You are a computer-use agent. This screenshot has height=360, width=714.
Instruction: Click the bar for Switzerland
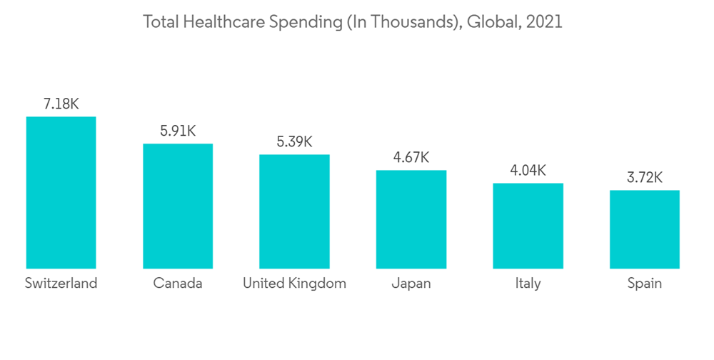point(61,192)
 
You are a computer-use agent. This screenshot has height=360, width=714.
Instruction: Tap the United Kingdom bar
point(294,211)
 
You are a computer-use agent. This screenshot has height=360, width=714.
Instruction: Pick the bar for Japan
point(411,219)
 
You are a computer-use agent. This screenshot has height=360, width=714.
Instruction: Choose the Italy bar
point(528,226)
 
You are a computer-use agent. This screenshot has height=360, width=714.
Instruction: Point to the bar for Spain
point(645,229)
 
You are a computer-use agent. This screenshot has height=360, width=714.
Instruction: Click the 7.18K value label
point(61,104)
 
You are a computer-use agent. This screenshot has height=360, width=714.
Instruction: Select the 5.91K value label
point(178,131)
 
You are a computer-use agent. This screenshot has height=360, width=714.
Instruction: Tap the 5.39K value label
point(294,142)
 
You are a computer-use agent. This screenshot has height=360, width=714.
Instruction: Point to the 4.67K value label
point(411,158)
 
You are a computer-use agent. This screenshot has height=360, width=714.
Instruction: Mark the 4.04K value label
point(528,171)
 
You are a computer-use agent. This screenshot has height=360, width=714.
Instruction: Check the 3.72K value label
point(645,178)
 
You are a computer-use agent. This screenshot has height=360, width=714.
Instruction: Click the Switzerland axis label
point(61,284)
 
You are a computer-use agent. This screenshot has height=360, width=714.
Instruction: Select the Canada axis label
point(178,284)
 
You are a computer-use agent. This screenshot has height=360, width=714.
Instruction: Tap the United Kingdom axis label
point(294,284)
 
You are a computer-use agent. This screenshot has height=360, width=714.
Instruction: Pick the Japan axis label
point(411,284)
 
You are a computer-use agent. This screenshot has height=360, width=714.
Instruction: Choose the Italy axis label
point(528,284)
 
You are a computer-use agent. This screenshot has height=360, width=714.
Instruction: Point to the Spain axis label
point(645,284)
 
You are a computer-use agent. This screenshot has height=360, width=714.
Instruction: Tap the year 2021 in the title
point(543,22)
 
